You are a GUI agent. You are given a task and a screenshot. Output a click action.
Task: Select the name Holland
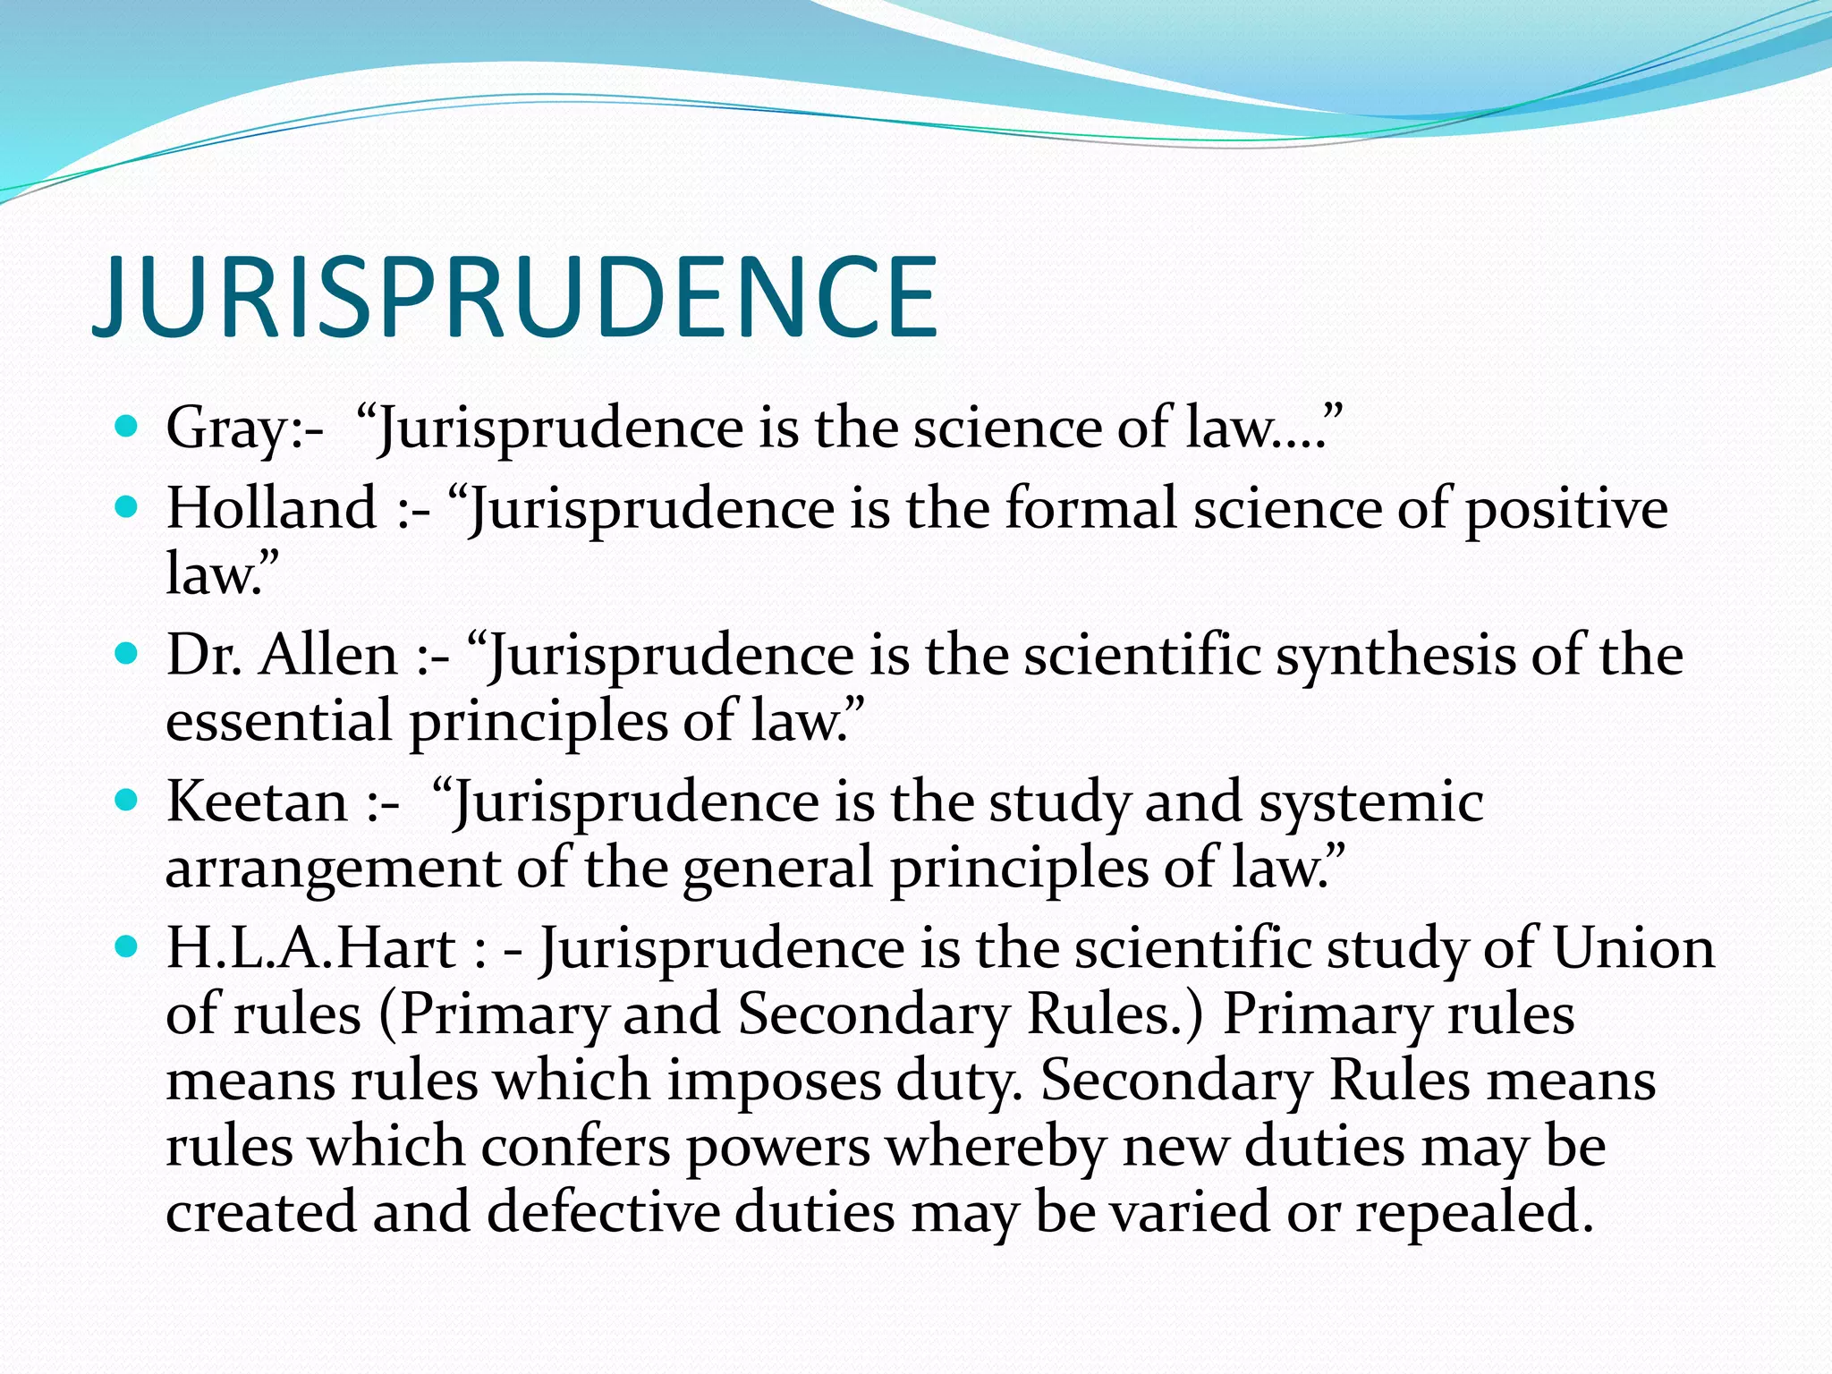pyautogui.click(x=272, y=508)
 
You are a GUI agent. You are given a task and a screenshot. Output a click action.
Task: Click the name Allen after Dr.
pyautogui.click(x=328, y=655)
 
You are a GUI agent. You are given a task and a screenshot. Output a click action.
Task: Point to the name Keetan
pyautogui.click(x=257, y=801)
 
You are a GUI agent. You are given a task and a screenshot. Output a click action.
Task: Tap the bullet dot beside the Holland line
pyautogui.click(x=127, y=505)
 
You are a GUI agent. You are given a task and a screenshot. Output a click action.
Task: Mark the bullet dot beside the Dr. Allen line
pyautogui.click(x=127, y=652)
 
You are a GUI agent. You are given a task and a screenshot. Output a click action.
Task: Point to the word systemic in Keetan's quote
pyautogui.click(x=1371, y=802)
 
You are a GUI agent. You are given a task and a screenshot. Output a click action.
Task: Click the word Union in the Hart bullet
pyautogui.click(x=1633, y=948)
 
